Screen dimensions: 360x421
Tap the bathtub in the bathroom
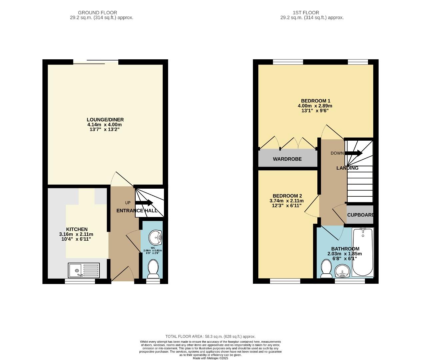click(x=363, y=252)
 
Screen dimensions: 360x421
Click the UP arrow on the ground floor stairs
click(x=144, y=203)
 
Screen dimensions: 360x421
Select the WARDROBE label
click(x=287, y=159)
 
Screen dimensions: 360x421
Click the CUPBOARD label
click(x=360, y=215)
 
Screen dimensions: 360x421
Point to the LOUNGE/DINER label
click(x=105, y=120)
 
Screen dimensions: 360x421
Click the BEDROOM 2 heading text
click(x=287, y=196)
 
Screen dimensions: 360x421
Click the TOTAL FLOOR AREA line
click(x=210, y=336)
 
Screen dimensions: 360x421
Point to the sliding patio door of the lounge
click(x=96, y=62)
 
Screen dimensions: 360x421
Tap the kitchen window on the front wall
click(x=80, y=281)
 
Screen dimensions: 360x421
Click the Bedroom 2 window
click(x=285, y=281)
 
